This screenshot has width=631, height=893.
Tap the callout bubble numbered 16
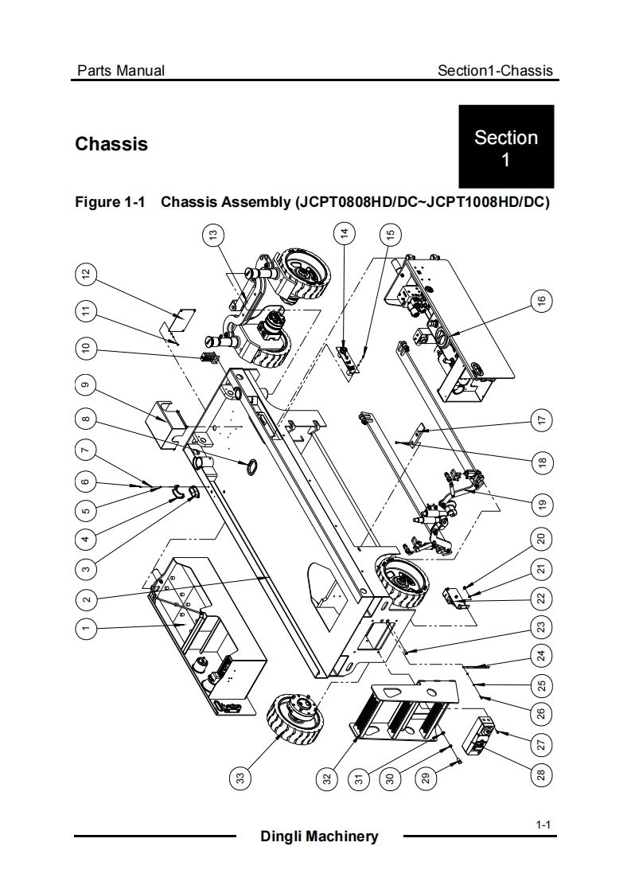point(541,300)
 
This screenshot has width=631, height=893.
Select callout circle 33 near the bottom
point(240,778)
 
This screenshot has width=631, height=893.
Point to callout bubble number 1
point(86,628)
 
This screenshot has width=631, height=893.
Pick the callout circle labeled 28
point(541,774)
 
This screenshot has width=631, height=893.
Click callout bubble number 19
point(541,505)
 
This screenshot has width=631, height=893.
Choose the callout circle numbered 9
point(85,385)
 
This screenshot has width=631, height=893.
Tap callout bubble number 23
point(541,627)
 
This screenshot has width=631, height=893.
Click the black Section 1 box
point(506,146)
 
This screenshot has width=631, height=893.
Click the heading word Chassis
point(111,144)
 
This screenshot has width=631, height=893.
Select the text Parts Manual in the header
point(121,71)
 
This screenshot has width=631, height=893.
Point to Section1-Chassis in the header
point(495,71)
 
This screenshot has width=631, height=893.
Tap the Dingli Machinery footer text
point(319,836)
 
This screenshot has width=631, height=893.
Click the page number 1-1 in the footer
point(543,825)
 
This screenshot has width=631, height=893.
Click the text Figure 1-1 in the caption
point(111,202)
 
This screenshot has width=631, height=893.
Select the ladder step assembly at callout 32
point(403,712)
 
